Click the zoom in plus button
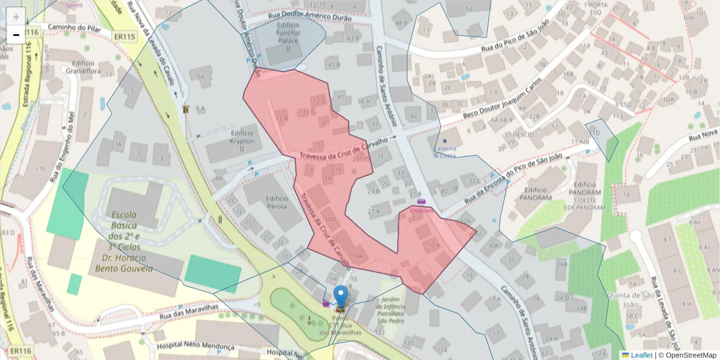pyautogui.click(x=16, y=17)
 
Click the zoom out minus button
pyautogui.click(x=16, y=35)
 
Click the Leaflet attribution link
pyautogui.click(x=641, y=355)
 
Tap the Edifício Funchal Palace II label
pyautogui.click(x=287, y=37)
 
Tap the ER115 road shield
pyautogui.click(x=124, y=37)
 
